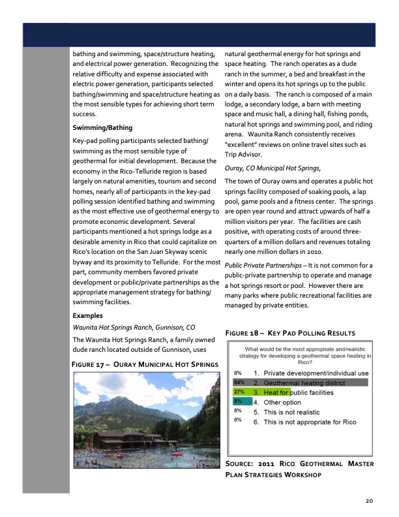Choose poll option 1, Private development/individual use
point(310,373)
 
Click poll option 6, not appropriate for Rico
point(304,422)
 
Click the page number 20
point(369,501)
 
